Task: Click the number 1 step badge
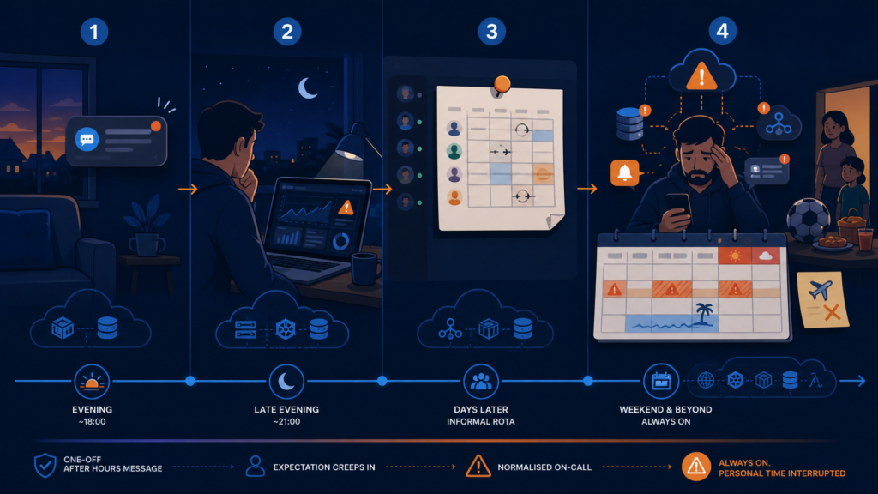[94, 32]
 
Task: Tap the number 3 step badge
[491, 32]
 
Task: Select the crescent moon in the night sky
[308, 88]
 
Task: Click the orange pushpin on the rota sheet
[502, 85]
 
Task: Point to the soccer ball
[808, 219]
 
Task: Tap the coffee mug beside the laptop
[365, 268]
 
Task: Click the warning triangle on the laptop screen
[346, 208]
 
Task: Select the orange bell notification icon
[624, 173]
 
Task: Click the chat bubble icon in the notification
[87, 139]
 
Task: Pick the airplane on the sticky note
[821, 290]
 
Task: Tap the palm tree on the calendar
[703, 314]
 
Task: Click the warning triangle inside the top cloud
[701, 76]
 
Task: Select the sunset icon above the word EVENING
[92, 382]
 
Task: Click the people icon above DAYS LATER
[480, 382]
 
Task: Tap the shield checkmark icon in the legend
[45, 466]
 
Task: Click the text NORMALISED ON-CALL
[544, 467]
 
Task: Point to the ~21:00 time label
[286, 421]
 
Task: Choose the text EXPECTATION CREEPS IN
[324, 467]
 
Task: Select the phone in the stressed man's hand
[678, 208]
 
